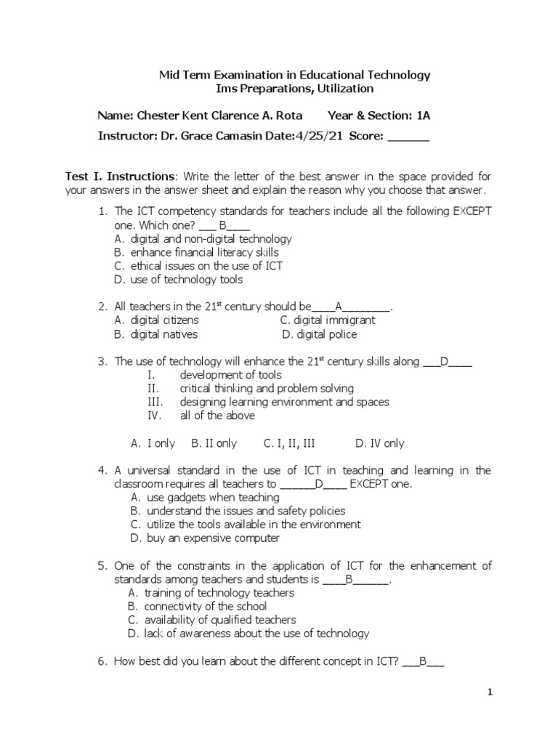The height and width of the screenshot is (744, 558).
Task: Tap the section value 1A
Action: pos(424,116)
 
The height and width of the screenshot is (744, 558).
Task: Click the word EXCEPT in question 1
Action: pos(473,211)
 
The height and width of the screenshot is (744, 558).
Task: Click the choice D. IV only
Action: pos(379,443)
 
